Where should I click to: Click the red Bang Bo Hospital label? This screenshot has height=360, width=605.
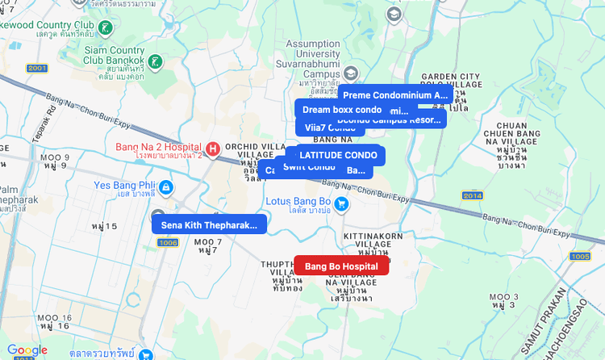[x=341, y=266]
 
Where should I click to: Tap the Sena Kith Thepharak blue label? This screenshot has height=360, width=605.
[x=209, y=225]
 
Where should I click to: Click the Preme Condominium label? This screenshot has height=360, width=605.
[x=394, y=95]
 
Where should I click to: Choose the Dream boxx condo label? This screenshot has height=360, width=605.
[x=341, y=109]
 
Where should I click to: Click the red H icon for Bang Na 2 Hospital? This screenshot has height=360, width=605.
[x=213, y=149]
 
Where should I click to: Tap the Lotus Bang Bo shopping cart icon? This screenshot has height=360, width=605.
[x=341, y=203]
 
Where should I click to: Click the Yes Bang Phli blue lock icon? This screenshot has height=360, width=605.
[x=165, y=187]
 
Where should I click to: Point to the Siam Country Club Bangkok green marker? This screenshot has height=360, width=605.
[x=156, y=61]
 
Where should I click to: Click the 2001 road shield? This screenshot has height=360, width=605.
[x=37, y=68]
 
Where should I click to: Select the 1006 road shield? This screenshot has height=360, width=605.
[x=168, y=242]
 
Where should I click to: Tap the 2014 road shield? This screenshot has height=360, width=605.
[x=472, y=196]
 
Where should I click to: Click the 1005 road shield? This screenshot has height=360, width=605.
[x=579, y=257]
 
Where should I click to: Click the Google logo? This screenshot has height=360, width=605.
[x=27, y=350]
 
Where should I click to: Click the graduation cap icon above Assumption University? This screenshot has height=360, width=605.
[x=394, y=14]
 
